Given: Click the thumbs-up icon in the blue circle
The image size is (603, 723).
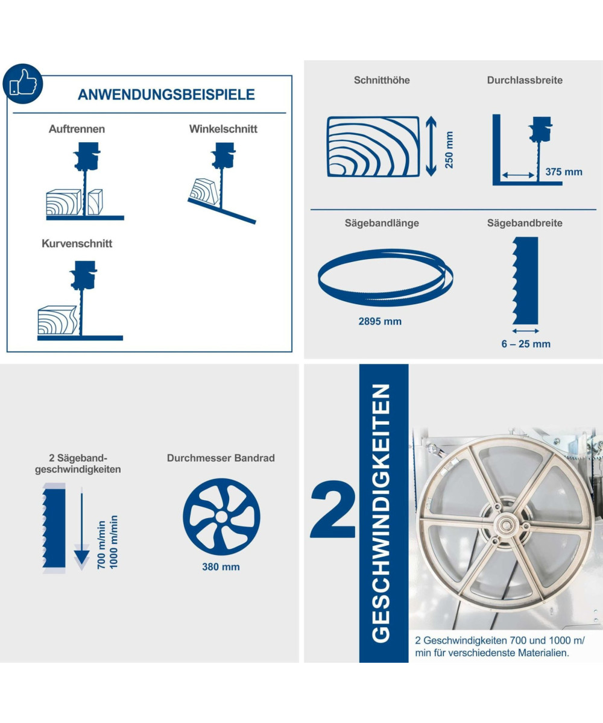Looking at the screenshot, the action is click(22, 84).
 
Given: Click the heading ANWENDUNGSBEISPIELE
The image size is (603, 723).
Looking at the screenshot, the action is click(166, 95).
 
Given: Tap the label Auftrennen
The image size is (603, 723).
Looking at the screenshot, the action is click(77, 129).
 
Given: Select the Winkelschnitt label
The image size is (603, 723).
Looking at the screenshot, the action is click(223, 129).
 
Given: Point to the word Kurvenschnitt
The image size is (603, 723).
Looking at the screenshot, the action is click(77, 243).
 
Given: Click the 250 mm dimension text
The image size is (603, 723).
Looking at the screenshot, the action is click(449, 150).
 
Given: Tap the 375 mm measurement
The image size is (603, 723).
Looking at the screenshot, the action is click(564, 172).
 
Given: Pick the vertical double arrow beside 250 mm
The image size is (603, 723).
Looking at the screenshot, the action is click(431, 146).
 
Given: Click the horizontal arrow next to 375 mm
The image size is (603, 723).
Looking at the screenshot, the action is click(519, 175).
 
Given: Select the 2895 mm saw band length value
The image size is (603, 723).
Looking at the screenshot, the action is click(380, 321).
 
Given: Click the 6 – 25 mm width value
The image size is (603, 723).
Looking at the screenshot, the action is click(526, 344).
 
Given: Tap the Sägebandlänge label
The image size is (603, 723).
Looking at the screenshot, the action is click(382, 223).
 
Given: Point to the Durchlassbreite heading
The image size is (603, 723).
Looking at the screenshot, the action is click(525, 80).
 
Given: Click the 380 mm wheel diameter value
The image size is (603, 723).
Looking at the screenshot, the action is click(221, 567).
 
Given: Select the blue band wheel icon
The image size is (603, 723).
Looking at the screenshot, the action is click(221, 516).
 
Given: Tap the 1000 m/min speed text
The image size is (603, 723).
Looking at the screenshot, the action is click(114, 542).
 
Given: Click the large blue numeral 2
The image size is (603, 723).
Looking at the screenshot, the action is click(333, 509).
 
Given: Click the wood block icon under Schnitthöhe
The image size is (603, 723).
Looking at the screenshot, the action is click(373, 146).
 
